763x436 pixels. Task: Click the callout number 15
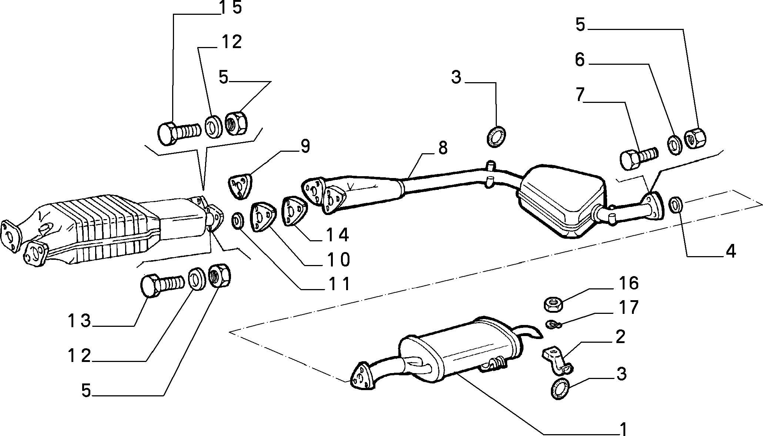coord(231,7)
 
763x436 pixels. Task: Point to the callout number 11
coord(339,284)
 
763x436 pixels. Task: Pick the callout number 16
coord(628,283)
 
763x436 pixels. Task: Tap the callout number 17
coord(628,307)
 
